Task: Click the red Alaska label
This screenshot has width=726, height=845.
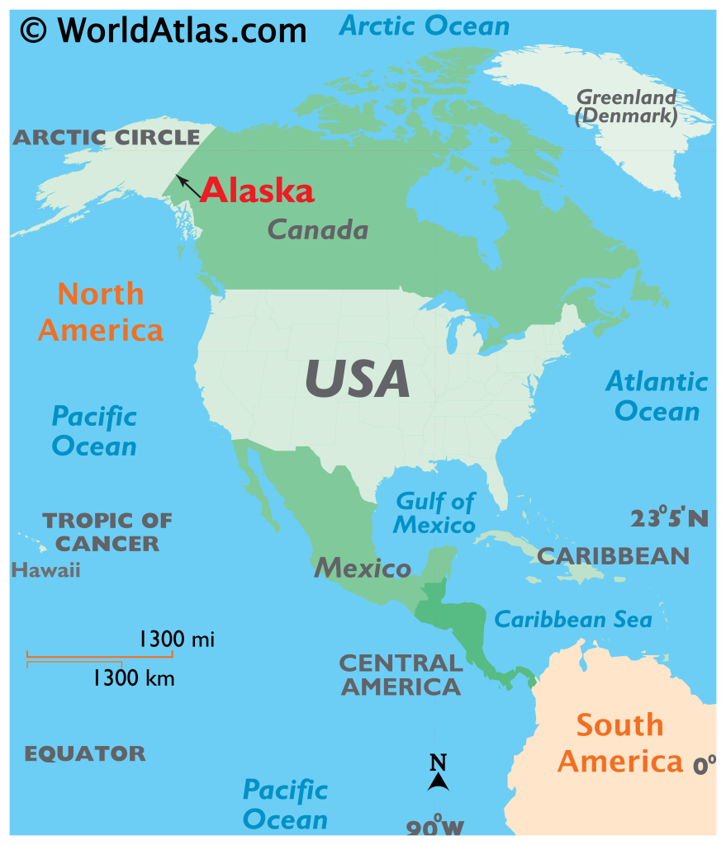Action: click(257, 191)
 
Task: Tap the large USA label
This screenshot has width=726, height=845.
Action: click(357, 379)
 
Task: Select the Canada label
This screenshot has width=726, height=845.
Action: click(318, 229)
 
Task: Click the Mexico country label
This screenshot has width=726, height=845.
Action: click(362, 568)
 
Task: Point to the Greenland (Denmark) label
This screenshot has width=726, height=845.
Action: click(626, 107)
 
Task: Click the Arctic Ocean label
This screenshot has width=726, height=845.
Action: click(425, 26)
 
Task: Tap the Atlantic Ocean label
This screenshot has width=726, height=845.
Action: click(657, 396)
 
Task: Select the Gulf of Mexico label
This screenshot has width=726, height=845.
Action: click(434, 512)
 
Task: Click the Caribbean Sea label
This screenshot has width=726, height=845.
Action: click(572, 619)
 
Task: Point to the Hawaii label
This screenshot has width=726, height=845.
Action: click(45, 569)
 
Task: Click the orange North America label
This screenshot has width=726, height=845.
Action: click(101, 312)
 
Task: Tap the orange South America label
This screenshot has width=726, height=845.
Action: click(619, 743)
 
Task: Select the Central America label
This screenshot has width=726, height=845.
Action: click(401, 674)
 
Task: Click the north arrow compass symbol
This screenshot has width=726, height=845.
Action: click(438, 774)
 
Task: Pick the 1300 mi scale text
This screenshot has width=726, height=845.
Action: click(176, 638)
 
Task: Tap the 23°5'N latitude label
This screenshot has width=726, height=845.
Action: click(669, 518)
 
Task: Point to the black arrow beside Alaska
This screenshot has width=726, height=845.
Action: click(188, 186)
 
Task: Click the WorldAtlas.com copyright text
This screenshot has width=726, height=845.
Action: click(164, 31)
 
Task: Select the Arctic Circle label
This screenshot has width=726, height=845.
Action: click(106, 137)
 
